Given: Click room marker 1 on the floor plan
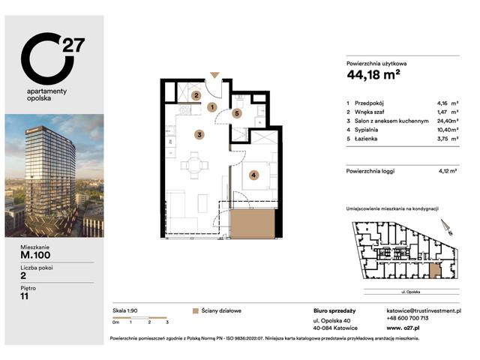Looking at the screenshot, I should point(213,107).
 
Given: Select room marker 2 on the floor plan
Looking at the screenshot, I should point(196,95).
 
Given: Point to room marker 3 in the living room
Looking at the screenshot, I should point(199,135).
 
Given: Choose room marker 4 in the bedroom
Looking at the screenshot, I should point(254,175).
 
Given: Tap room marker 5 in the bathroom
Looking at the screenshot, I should point(236,114).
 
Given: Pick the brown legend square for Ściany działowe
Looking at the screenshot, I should point(196,310).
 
